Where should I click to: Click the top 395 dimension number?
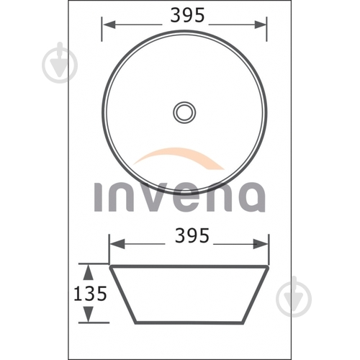[x=187, y=15]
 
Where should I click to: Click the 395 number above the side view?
[x=192, y=235]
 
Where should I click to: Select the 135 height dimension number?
[x=90, y=293]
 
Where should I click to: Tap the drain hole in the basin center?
[x=184, y=112]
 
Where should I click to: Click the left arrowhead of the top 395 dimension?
[x=109, y=24]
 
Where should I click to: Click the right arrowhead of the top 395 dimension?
[x=261, y=24]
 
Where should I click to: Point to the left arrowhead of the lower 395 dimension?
[x=117, y=244]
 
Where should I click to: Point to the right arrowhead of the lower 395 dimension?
[x=261, y=244]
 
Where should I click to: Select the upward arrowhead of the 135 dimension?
[x=89, y=272]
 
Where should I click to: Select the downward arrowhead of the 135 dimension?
[x=89, y=314]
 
